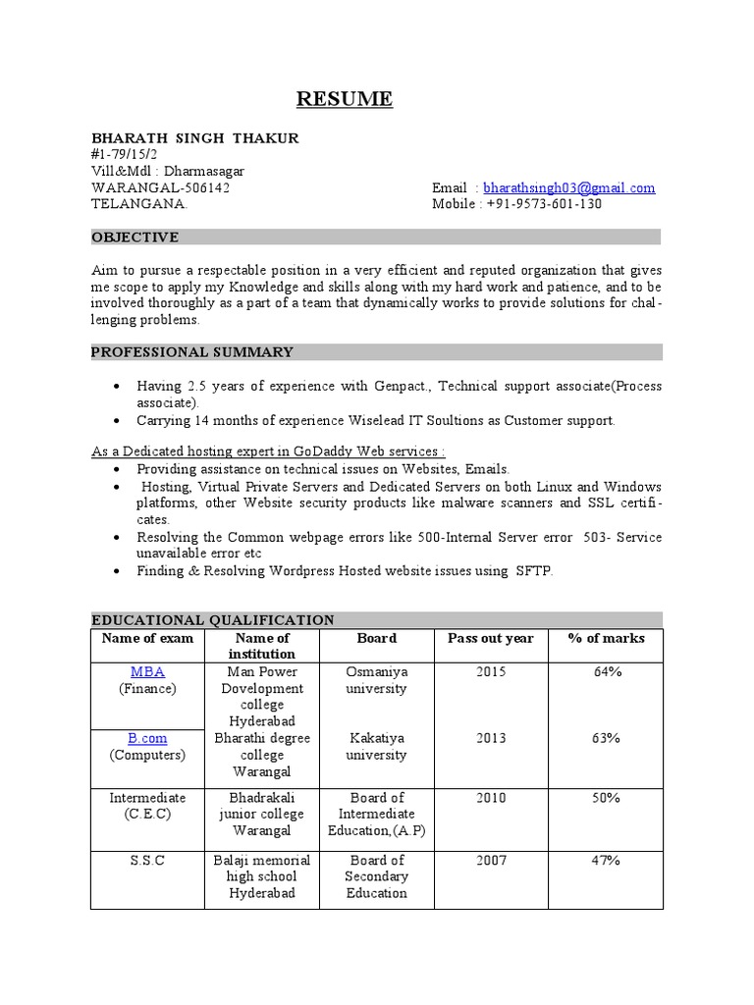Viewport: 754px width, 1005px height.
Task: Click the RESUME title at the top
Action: [x=345, y=99]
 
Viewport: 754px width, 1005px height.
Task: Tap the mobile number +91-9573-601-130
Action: [x=543, y=204]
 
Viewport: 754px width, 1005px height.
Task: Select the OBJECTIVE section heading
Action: [x=135, y=238]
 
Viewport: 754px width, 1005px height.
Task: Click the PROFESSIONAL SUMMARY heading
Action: [x=192, y=352]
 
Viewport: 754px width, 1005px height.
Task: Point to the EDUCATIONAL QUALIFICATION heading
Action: [x=213, y=619]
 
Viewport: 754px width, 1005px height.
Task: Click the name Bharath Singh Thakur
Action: [x=194, y=138]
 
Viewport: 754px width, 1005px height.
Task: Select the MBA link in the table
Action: [x=147, y=672]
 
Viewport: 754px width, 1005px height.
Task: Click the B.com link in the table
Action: [x=147, y=738]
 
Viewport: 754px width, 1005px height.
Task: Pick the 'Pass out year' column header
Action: [x=491, y=638]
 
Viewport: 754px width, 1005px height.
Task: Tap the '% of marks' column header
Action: [x=606, y=638]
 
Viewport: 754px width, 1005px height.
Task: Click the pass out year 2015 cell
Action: [x=491, y=672]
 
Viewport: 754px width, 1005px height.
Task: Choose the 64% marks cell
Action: [x=606, y=672]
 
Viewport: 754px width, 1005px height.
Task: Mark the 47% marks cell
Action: [x=606, y=861]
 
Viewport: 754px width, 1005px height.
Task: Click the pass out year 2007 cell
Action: [x=491, y=861]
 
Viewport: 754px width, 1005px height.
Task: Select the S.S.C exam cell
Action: [x=147, y=861]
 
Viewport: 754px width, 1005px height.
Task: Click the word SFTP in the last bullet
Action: [x=533, y=570]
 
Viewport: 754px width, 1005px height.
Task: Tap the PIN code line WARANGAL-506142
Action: [x=161, y=187]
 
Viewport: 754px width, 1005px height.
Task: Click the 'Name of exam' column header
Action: [x=147, y=638]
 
